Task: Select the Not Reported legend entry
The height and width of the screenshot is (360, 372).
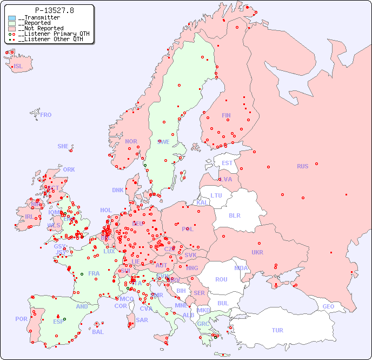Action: click(41, 28)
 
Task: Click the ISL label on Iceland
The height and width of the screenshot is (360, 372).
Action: click(18, 67)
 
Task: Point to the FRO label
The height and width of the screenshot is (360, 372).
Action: click(46, 115)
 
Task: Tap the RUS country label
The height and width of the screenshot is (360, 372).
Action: click(302, 166)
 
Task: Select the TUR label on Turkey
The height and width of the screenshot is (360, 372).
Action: click(277, 330)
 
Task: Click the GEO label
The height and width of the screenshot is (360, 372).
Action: click(328, 306)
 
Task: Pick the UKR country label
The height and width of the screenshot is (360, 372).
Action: click(257, 252)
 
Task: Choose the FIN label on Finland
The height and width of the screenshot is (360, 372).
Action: click(226, 115)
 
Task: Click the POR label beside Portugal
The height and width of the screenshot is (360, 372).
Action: click(21, 319)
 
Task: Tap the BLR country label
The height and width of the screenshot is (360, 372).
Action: click(234, 215)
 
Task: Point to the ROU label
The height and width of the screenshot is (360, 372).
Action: click(221, 279)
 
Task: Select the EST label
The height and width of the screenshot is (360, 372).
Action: click(227, 163)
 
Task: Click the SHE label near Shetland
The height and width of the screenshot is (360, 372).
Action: click(63, 146)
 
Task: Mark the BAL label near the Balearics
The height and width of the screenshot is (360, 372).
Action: click(98, 332)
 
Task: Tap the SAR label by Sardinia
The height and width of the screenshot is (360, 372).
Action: click(142, 320)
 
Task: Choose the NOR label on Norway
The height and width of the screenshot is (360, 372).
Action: click(131, 141)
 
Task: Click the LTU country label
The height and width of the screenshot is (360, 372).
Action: click(216, 195)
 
